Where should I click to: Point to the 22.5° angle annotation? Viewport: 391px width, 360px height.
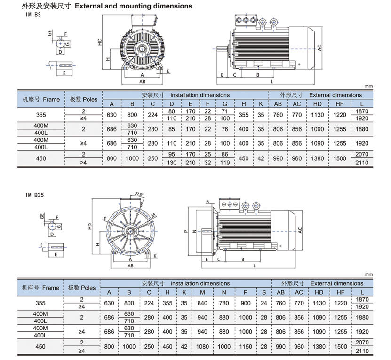[139, 194]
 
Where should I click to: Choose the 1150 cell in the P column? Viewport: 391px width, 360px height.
[245, 346]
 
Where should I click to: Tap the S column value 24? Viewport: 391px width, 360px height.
[264, 303]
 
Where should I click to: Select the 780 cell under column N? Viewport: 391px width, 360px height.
[224, 303]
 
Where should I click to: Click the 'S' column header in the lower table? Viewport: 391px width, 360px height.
[264, 292]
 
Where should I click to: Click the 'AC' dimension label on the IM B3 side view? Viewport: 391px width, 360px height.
[319, 47]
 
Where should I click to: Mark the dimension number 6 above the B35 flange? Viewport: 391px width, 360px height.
[207, 201]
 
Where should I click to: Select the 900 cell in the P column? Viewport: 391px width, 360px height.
[245, 303]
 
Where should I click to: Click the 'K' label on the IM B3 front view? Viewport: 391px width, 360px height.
[168, 71]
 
